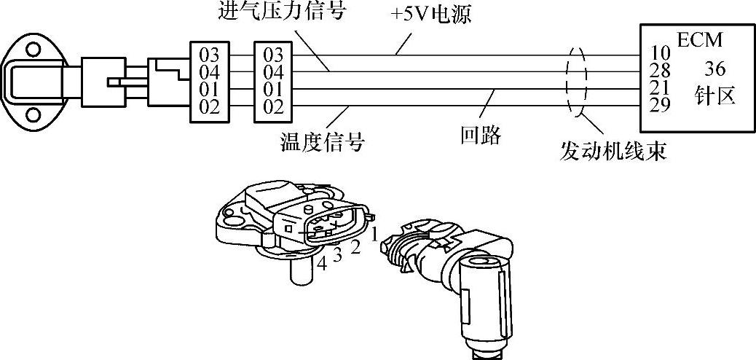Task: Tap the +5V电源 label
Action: point(433,15)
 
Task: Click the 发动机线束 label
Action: point(613,151)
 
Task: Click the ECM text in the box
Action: point(698,41)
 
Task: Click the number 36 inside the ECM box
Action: point(715,69)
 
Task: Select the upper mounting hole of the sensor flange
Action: point(33,50)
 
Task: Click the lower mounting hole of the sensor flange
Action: point(33,114)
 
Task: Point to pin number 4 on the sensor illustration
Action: point(321,264)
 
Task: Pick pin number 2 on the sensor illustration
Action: point(355,246)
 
